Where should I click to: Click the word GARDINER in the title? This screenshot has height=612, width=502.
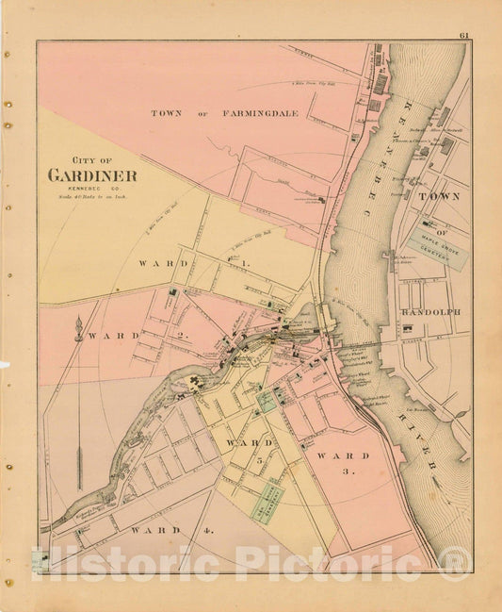point(92,175)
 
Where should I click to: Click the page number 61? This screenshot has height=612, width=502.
point(464,36)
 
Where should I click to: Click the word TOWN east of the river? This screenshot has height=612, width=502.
point(439,196)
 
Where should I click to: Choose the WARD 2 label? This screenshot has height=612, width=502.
point(117,335)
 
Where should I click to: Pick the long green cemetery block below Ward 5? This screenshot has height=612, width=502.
point(267,500)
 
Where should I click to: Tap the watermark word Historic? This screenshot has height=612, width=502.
point(129,563)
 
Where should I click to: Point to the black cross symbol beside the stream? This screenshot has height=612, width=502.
point(197,380)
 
